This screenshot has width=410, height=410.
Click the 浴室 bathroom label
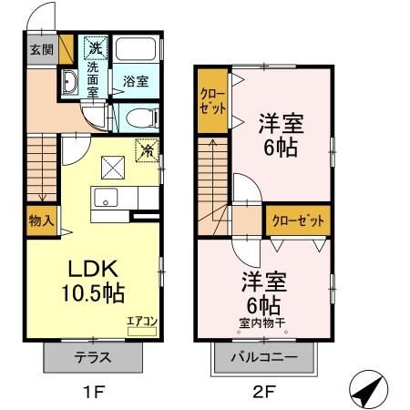pyautogui.click(x=137, y=80)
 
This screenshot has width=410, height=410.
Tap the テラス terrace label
pyautogui.click(x=95, y=357)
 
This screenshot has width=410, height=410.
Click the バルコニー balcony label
pyautogui.click(x=263, y=357)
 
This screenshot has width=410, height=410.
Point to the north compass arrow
pyautogui.click(x=366, y=391)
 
